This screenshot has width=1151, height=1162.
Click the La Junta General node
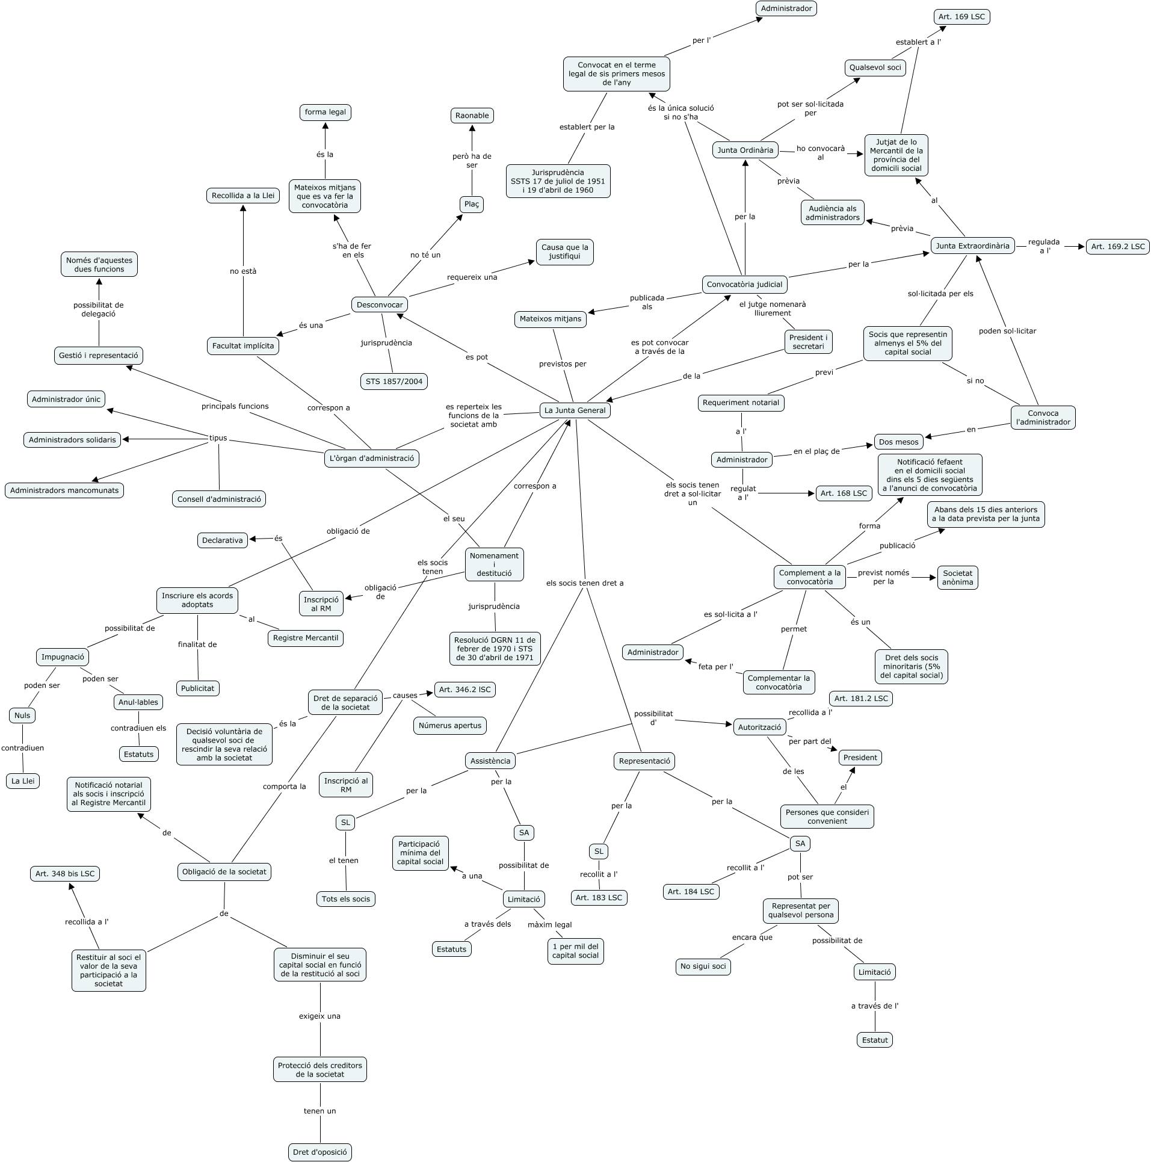(575, 410)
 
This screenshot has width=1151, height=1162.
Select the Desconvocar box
(380, 304)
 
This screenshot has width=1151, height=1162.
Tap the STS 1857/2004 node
(394, 381)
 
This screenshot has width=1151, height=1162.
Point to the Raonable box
(472, 116)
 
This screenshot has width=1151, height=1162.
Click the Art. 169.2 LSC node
(1117, 247)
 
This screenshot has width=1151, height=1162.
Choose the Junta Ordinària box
(745, 150)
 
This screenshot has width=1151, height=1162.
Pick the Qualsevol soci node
(875, 67)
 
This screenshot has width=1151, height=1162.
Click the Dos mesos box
(898, 442)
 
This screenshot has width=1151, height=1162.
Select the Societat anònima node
(957, 578)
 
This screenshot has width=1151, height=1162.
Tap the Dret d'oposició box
(319, 1152)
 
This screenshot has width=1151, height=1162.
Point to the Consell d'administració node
(219, 499)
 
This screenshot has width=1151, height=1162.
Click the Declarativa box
(222, 540)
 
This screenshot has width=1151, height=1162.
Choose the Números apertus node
(450, 726)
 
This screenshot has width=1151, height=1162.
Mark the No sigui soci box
(703, 966)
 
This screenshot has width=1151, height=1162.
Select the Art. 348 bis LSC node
(65, 874)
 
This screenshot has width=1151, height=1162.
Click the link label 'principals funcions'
(235, 406)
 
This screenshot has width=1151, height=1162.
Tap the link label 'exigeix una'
(319, 1016)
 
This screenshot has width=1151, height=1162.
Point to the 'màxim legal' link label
(549, 925)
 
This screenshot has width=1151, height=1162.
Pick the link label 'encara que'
(752, 938)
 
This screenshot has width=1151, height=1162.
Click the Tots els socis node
(346, 899)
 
